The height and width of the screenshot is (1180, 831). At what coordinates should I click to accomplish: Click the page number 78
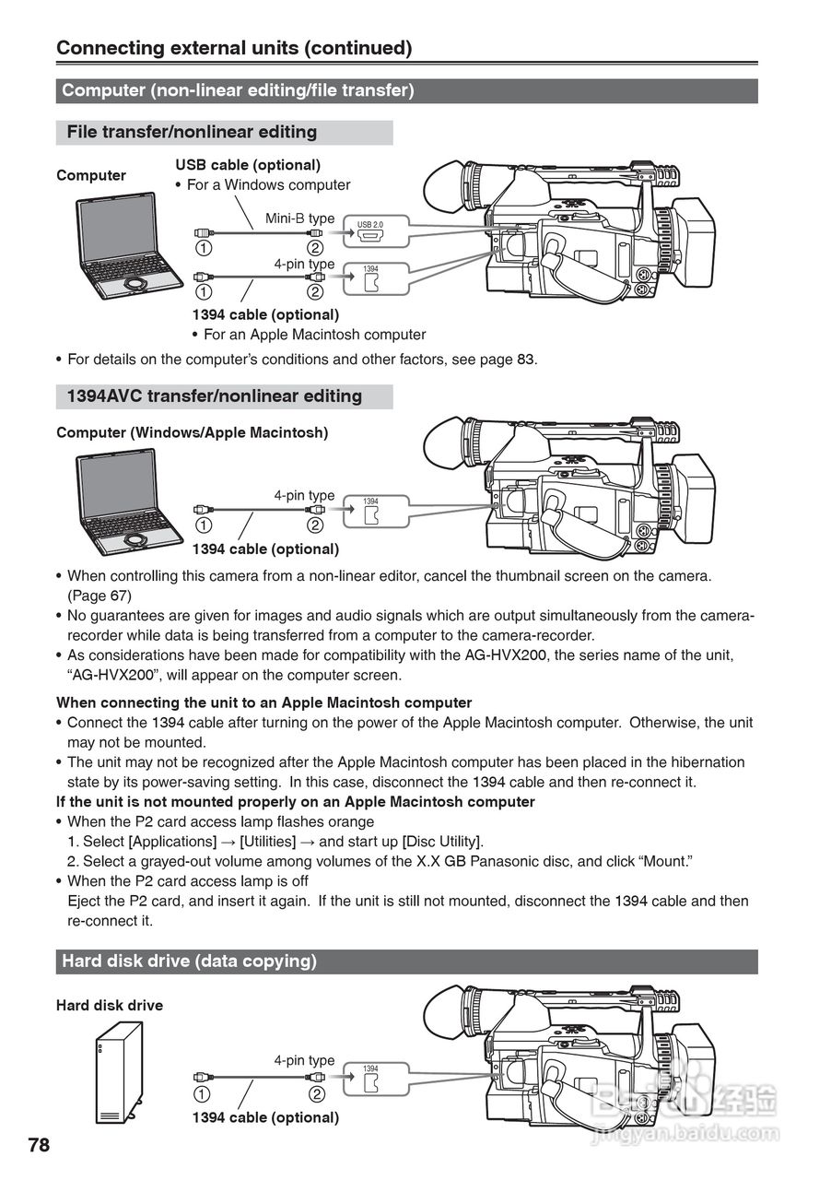[x=39, y=1146]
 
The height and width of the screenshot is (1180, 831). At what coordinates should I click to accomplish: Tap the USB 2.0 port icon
[x=371, y=233]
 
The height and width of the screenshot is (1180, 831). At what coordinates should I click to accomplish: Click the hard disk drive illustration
[x=119, y=1071]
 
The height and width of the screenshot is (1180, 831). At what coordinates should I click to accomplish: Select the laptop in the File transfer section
[x=128, y=246]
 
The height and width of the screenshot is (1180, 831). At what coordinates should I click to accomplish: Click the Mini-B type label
[x=300, y=218]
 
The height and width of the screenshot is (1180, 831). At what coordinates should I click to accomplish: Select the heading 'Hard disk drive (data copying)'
[x=189, y=962]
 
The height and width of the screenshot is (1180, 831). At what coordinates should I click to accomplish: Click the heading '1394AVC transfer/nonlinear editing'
[x=215, y=396]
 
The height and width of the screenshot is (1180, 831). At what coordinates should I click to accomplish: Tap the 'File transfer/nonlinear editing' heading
[x=192, y=133]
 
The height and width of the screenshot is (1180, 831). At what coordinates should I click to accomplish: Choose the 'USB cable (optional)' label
[x=248, y=165]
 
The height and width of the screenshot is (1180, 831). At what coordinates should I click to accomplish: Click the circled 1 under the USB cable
[x=203, y=248]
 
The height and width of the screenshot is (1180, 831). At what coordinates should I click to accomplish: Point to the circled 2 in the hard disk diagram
[x=316, y=1094]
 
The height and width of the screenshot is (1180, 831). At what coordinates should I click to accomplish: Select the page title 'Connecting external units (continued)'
[x=234, y=48]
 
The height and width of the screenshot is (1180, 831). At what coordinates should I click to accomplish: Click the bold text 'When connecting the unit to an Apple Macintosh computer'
[x=264, y=702]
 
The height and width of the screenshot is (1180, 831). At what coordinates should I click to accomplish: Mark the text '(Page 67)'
[x=99, y=596]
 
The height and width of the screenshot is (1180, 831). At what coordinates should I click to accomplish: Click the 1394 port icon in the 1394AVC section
[x=371, y=511]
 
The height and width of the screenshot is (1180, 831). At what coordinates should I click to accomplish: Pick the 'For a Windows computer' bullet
[x=268, y=185]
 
